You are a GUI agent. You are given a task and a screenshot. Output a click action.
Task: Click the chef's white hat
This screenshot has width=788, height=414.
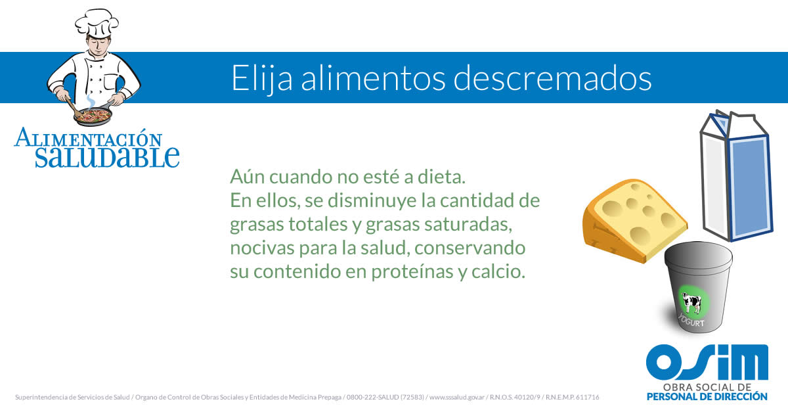[97, 22]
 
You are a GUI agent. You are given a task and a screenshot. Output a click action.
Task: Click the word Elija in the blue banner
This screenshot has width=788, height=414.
[262, 78]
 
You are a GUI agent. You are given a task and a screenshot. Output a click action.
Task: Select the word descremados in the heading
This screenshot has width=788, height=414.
[552, 78]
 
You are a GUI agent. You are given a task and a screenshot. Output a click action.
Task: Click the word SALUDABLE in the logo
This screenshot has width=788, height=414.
[107, 157]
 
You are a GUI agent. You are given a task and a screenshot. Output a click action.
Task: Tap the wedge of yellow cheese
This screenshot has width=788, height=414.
[635, 221]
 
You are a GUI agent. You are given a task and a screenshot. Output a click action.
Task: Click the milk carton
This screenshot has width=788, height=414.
[736, 176]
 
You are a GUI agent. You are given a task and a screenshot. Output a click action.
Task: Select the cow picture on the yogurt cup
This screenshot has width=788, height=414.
[691, 303]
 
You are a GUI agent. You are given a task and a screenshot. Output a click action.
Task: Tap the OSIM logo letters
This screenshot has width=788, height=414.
[707, 363]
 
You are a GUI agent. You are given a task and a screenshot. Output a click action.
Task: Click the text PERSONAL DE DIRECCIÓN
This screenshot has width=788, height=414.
[707, 397]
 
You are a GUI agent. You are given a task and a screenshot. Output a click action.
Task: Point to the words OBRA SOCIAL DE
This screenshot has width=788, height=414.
[707, 387]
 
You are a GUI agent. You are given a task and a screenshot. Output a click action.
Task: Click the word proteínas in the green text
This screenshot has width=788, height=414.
[412, 272]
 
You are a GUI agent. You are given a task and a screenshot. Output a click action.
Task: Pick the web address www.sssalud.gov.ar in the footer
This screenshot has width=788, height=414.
[457, 397]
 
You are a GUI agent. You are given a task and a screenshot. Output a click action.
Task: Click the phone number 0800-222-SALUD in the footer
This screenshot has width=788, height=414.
[373, 397]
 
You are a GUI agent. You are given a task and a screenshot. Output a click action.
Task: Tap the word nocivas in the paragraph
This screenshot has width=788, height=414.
[262, 248]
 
